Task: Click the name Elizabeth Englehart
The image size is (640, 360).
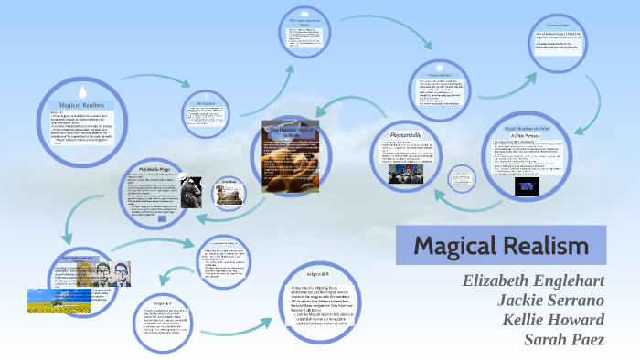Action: tap(534, 280)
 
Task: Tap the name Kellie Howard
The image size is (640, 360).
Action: tap(552, 320)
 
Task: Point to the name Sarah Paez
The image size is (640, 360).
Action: tap(563, 340)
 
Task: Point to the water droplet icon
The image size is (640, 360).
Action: tap(81, 90)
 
